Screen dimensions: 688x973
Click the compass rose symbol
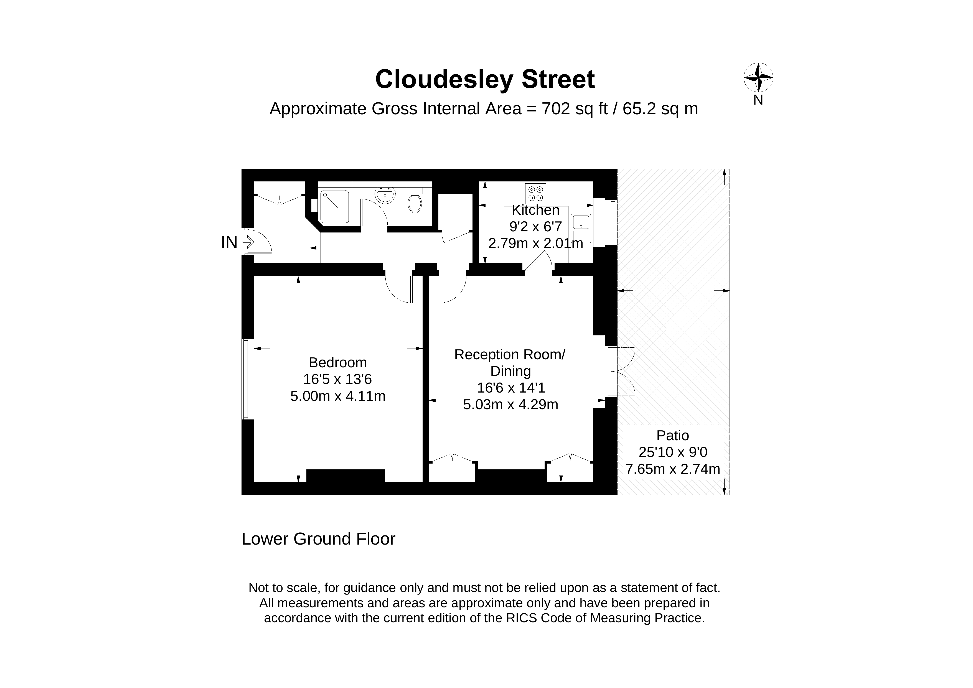[x=758, y=78]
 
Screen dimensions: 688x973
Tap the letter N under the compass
[x=758, y=100]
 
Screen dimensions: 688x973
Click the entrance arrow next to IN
[x=248, y=242]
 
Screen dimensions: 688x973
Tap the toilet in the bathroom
[x=415, y=202]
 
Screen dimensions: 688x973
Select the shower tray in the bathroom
[x=334, y=207]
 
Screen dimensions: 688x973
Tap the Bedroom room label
[x=338, y=362]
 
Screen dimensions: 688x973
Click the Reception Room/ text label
[x=510, y=354]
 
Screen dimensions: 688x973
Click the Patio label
[x=672, y=435]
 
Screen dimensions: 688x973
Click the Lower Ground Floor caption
[x=318, y=539]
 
